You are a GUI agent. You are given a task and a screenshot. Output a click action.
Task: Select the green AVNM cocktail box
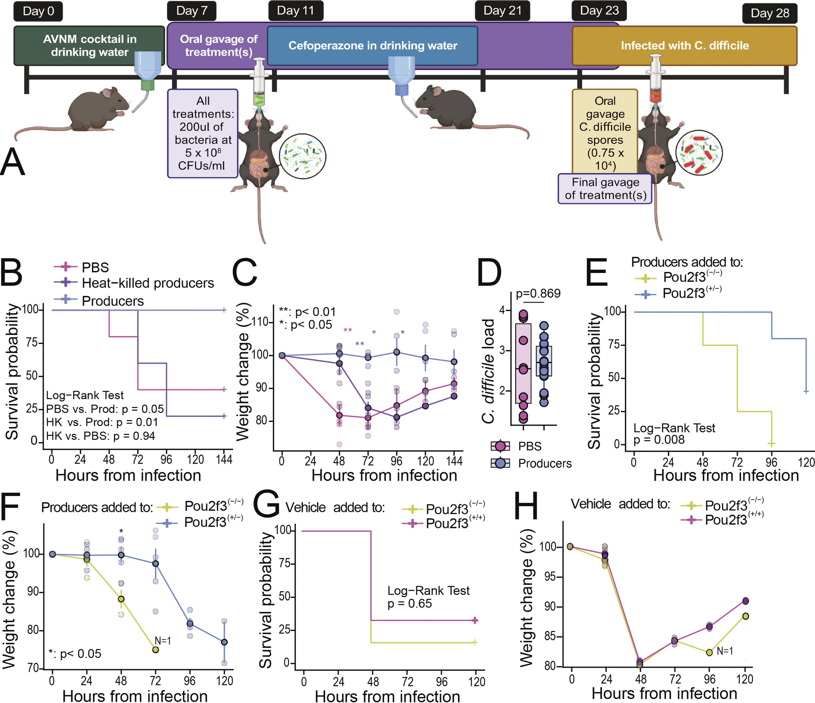click(89, 45)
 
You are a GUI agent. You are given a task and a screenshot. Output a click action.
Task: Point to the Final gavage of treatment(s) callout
click(605, 189)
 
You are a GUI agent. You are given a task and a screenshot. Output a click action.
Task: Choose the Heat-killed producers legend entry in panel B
click(147, 283)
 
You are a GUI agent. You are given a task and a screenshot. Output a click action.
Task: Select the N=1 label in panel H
click(724, 651)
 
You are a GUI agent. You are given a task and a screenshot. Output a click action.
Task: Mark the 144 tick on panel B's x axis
click(224, 460)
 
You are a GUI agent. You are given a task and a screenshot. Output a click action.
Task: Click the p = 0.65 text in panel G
click(410, 604)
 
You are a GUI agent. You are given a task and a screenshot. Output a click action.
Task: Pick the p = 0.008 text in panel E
click(659, 439)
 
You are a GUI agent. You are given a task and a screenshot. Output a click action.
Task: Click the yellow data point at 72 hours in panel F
click(155, 650)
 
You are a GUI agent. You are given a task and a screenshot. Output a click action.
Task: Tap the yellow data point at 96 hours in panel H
click(709, 652)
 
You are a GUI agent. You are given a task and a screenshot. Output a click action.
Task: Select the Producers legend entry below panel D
click(545, 463)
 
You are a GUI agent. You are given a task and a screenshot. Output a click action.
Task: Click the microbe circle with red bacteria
click(699, 153)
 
